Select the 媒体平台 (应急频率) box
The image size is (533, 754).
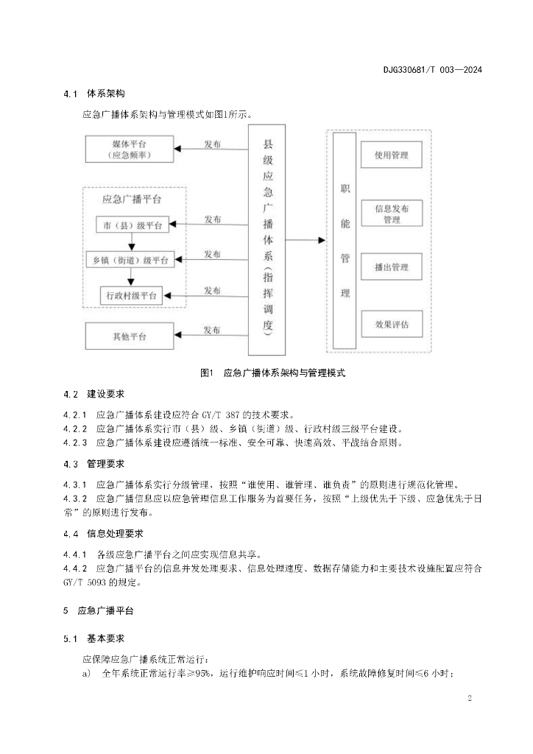click(x=130, y=149)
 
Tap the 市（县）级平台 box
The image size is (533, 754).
click(x=133, y=225)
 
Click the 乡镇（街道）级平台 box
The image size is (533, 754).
click(x=130, y=259)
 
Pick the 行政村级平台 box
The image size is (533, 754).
click(x=132, y=295)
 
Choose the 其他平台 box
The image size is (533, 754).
click(x=130, y=336)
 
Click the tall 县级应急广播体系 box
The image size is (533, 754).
click(x=267, y=239)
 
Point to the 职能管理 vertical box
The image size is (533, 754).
click(x=345, y=240)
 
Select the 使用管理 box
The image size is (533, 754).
click(x=392, y=155)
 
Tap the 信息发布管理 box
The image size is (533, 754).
click(x=392, y=214)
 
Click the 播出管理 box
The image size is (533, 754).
click(x=392, y=267)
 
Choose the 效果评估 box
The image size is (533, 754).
click(x=392, y=324)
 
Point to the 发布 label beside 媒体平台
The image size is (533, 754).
click(x=212, y=144)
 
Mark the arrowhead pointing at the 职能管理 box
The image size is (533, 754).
click(x=321, y=240)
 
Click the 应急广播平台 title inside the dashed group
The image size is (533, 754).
click(x=133, y=199)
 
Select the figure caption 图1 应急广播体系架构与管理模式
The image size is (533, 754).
click(x=272, y=373)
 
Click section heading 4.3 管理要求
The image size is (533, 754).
click(x=94, y=464)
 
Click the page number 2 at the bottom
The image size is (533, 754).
click(x=469, y=697)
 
